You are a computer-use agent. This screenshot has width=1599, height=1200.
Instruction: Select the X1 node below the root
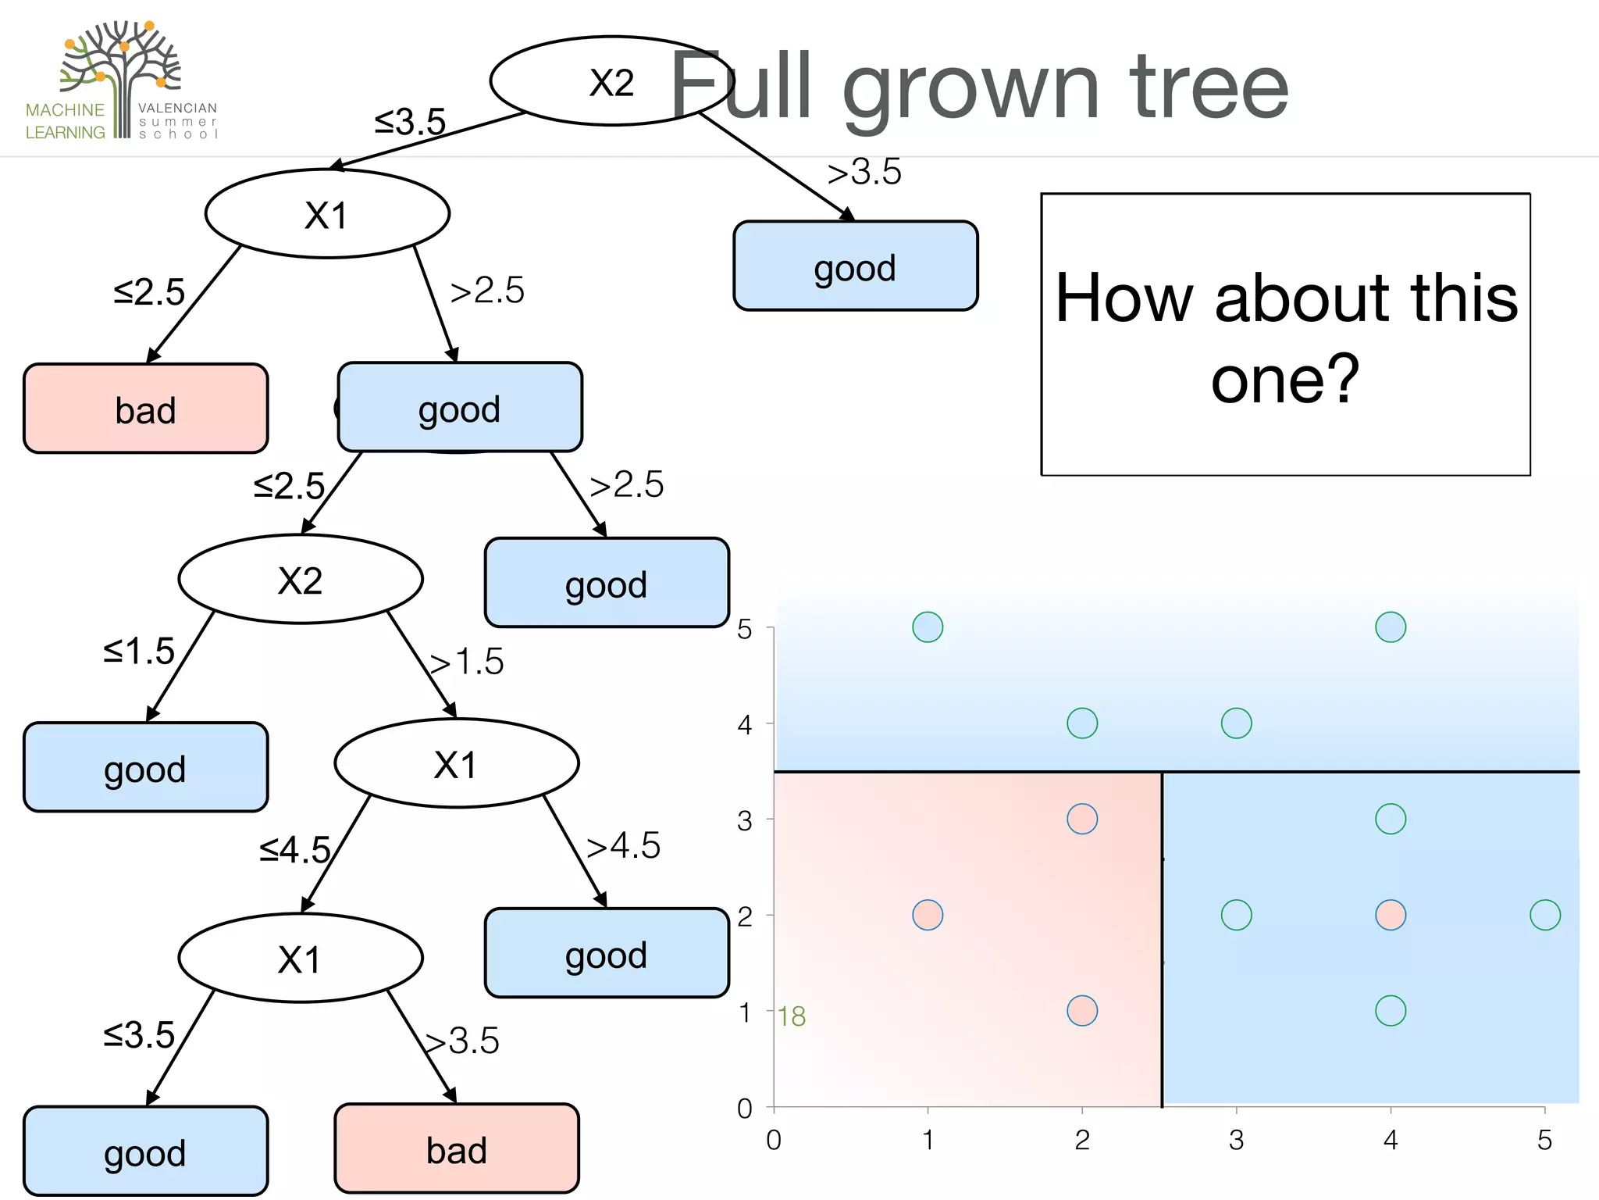[327, 214]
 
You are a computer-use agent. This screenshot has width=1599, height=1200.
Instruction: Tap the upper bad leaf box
[146, 409]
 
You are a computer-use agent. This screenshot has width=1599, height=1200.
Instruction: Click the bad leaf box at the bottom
[457, 1149]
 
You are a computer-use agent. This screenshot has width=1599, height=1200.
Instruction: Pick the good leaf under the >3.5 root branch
[856, 266]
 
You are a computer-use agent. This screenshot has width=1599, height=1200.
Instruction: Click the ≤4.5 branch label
[295, 849]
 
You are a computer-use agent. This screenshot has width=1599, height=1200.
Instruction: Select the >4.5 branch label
[623, 845]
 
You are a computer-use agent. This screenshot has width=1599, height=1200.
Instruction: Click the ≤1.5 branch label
[139, 651]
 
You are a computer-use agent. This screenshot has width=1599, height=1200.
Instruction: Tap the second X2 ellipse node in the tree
[301, 580]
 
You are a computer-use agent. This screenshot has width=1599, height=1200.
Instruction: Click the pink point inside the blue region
[1391, 915]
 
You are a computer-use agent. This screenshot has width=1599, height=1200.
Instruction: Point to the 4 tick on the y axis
[745, 725]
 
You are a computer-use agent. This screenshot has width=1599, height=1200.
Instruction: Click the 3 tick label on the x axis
[1236, 1141]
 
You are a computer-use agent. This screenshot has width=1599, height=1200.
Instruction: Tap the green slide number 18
[792, 1016]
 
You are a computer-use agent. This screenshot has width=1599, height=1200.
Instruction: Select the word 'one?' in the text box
[1285, 379]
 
